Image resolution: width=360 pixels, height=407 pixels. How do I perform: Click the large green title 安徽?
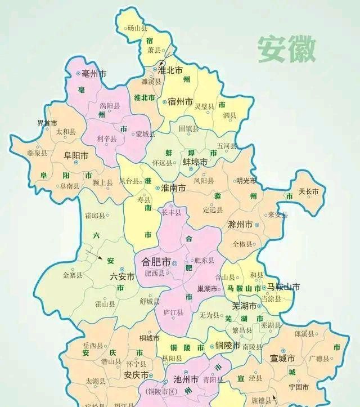pyautogui.click(x=287, y=50)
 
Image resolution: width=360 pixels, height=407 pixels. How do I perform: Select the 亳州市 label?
pyautogui.click(x=94, y=74)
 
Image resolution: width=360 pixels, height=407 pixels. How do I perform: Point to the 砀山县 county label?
pyautogui.click(x=137, y=28)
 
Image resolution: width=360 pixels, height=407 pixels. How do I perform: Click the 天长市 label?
pyautogui.click(x=309, y=192)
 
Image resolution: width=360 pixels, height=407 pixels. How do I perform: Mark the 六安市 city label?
pyautogui.click(x=122, y=276)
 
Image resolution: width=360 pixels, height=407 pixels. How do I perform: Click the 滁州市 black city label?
pyautogui.click(x=240, y=225)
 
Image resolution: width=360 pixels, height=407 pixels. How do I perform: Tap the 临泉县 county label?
pyautogui.click(x=38, y=153)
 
